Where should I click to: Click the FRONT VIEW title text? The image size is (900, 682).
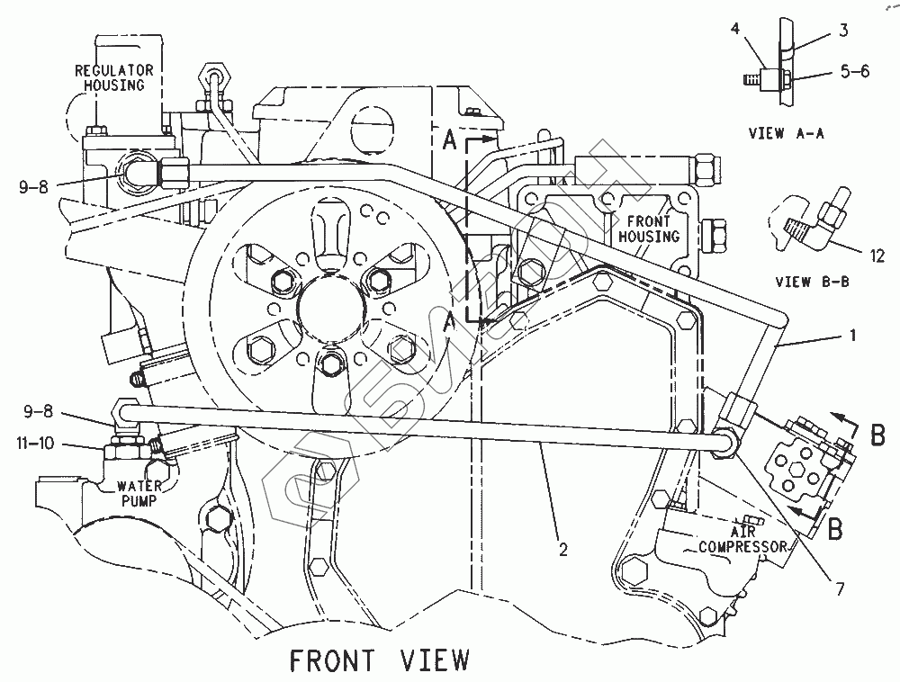pyautogui.click(x=379, y=660)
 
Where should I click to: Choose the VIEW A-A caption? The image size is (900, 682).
pyautogui.click(x=786, y=133)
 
